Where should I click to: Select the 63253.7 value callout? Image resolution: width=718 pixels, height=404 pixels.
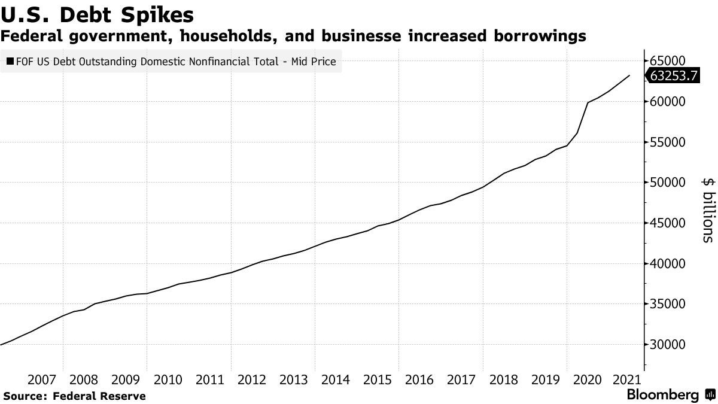pos(670,77)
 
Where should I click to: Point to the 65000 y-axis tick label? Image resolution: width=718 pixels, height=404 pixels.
pos(667,61)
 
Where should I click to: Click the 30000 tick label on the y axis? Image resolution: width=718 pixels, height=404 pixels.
pos(667,345)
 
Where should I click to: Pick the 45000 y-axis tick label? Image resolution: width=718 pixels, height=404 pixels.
pos(667,223)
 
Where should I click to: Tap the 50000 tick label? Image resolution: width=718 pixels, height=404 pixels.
pos(667,183)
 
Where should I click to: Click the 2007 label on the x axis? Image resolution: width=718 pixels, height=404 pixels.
pos(42,379)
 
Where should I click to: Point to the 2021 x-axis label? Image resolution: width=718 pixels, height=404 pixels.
pos(625,379)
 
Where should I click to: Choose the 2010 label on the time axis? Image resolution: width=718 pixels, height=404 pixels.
pos(168,379)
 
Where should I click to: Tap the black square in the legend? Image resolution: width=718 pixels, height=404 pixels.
pos(10,61)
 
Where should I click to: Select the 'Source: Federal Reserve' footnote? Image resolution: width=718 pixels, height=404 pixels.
pos(74,396)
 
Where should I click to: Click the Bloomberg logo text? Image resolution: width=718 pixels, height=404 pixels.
pos(662,395)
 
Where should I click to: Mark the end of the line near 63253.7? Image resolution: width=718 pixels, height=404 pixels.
pos(629,75)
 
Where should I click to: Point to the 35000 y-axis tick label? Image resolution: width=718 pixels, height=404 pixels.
pos(667,304)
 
